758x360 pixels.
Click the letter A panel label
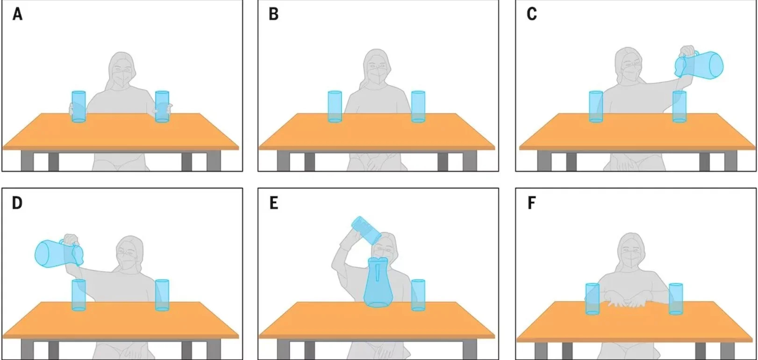pyautogui.click(x=18, y=14)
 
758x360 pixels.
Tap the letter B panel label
pyautogui.click(x=274, y=14)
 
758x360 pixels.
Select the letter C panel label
pyautogui.click(x=532, y=14)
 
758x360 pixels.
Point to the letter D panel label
pyautogui.click(x=17, y=203)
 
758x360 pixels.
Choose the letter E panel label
pyautogui.click(x=273, y=203)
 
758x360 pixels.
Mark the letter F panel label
pyautogui.click(x=532, y=203)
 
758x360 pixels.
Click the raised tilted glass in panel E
pyautogui.click(x=366, y=230)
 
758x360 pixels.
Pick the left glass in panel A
pyautogui.click(x=79, y=106)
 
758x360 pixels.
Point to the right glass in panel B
pyautogui.click(x=418, y=106)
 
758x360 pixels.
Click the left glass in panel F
pyautogui.click(x=593, y=299)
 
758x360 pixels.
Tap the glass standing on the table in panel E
pyautogui.click(x=418, y=295)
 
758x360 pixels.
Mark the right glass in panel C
pyautogui.click(x=679, y=106)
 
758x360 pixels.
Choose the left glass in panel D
pyautogui.click(x=79, y=295)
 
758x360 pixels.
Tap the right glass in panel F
pyautogui.click(x=676, y=299)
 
